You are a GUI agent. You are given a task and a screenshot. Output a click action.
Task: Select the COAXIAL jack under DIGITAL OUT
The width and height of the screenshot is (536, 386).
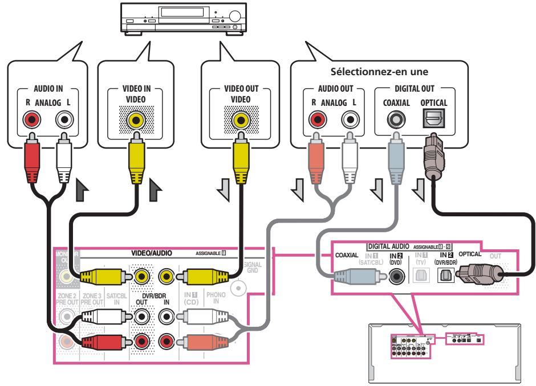pyautogui.click(x=393, y=120)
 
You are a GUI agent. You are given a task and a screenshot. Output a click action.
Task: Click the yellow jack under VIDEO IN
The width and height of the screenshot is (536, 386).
pyautogui.click(x=136, y=120)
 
